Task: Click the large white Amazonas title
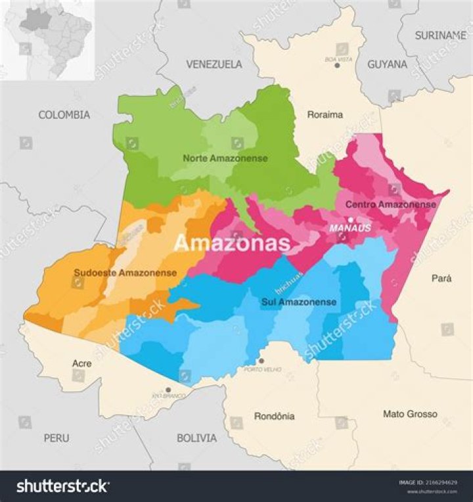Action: tap(231, 243)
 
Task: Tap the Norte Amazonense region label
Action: tap(225, 158)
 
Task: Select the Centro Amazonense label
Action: tap(391, 204)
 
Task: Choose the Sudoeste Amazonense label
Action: tap(125, 273)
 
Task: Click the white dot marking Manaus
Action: tap(351, 219)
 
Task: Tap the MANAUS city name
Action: tap(350, 229)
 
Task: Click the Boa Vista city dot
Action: tap(337, 65)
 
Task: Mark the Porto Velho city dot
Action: tap(261, 361)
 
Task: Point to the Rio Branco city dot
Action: tap(168, 389)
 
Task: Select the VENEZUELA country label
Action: tap(214, 64)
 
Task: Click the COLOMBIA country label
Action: tap(64, 115)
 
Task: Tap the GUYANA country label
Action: tap(387, 64)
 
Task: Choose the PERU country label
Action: tap(56, 438)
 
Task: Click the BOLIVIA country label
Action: tap(196, 438)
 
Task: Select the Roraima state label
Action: tap(325, 115)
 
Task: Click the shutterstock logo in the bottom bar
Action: tap(62, 486)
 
